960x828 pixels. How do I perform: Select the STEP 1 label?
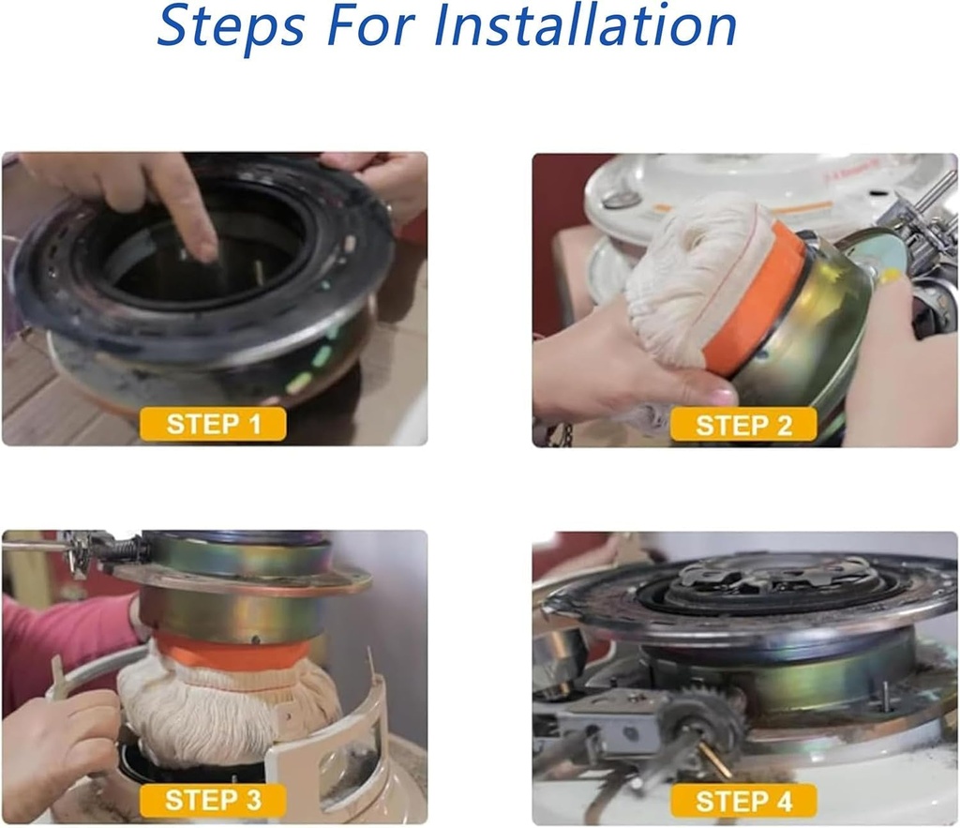tap(214, 424)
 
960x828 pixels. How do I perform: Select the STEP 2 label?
tap(743, 425)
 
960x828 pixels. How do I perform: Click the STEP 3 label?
tap(213, 800)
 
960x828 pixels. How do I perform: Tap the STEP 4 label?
tap(743, 801)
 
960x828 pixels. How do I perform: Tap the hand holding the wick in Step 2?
tap(609, 366)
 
